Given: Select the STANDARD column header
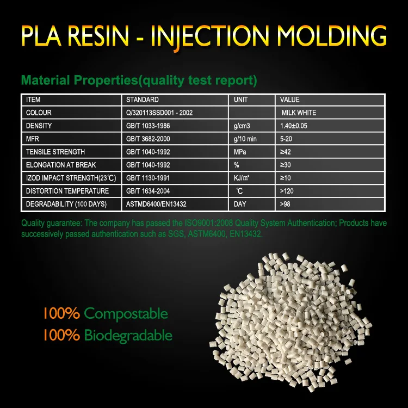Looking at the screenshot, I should (143, 100).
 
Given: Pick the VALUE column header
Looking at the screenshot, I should (290, 100).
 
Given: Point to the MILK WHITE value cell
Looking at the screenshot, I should (299, 113).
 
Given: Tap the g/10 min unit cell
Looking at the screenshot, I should (245, 139).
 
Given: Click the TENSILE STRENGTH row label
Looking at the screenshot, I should (55, 152).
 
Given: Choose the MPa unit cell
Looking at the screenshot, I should (240, 152).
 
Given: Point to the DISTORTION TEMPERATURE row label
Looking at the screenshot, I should (67, 191).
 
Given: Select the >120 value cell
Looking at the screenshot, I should (287, 191).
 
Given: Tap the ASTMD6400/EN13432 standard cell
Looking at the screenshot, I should (157, 204).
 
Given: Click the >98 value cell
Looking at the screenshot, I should (285, 204).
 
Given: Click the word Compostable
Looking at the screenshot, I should (126, 314).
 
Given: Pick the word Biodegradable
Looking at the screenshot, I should (128, 335).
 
